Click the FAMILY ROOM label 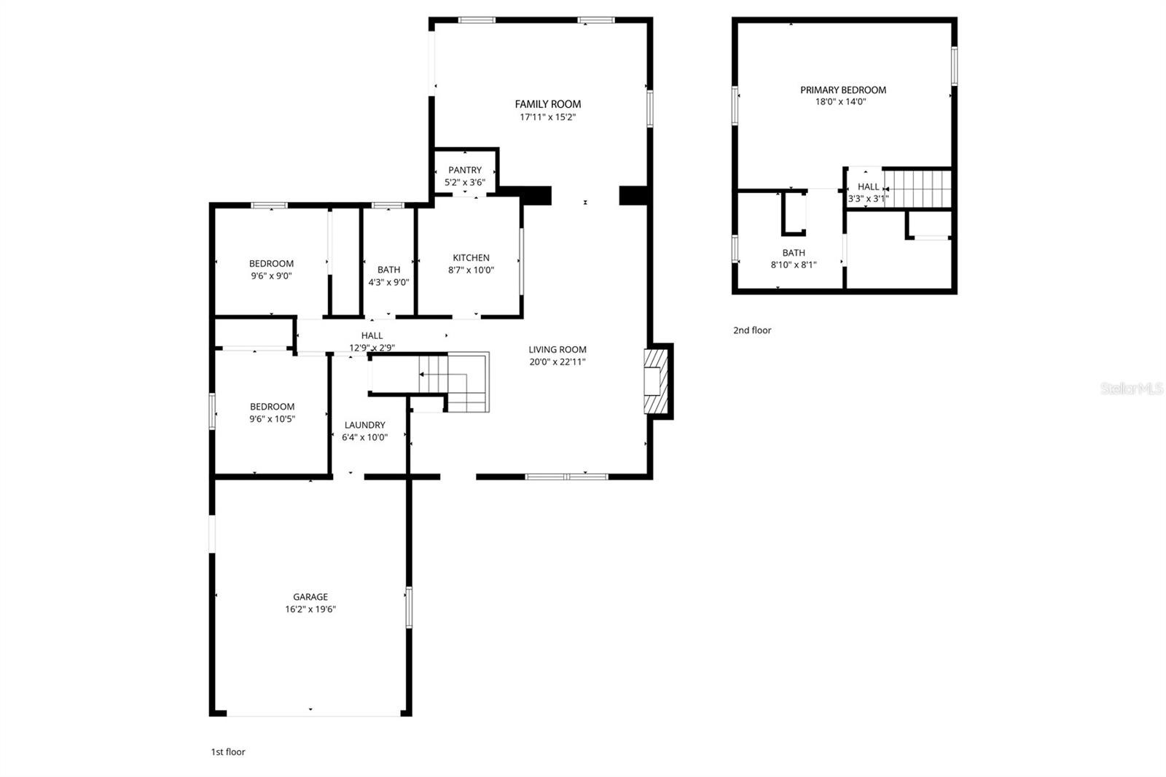click(548, 104)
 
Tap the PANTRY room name click(465, 171)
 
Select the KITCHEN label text click(471, 258)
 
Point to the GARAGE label click(310, 597)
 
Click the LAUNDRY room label click(364, 426)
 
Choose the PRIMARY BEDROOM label click(843, 90)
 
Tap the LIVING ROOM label click(557, 350)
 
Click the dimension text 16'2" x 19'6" click(310, 609)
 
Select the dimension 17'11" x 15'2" click(548, 117)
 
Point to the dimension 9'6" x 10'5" click(273, 419)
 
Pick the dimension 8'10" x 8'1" click(794, 265)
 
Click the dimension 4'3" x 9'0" click(388, 282)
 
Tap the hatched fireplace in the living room click(654, 381)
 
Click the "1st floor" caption click(228, 752)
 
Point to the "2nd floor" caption click(752, 331)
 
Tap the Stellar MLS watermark click(1132, 389)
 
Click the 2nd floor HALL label click(868, 187)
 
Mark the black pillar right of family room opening click(633, 195)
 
